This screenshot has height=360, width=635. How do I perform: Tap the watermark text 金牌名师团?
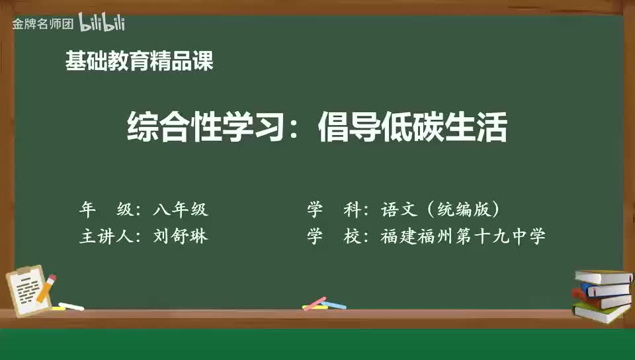[42, 24]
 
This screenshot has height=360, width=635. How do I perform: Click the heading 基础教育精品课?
[139, 62]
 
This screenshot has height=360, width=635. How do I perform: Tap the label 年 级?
[105, 210]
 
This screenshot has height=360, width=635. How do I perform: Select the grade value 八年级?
[180, 210]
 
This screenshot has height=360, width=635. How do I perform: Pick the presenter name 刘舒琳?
[180, 236]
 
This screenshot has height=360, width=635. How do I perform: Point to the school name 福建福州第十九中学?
[463, 236]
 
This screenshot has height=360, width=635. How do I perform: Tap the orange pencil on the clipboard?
[46, 288]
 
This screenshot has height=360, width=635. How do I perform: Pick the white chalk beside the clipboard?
[70, 306]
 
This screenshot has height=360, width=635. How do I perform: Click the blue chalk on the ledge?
[334, 306]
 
